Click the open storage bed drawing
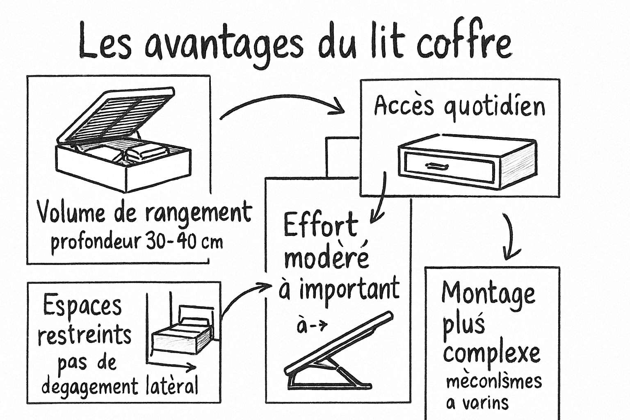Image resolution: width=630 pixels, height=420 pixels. point(123,142)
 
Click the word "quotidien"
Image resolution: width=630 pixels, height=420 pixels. point(494,107)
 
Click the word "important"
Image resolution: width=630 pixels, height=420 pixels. point(349,289)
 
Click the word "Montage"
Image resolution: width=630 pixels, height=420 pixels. point(488,294)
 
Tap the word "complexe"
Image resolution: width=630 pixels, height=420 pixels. point(491,354)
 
